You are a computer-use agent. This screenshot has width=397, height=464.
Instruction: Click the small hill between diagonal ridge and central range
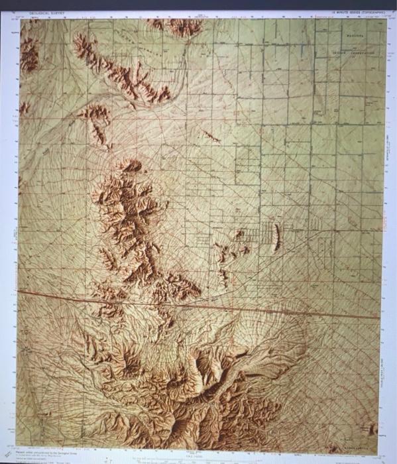tap(97, 123)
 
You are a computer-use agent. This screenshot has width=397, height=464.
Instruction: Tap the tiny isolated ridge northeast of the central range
tap(211, 136)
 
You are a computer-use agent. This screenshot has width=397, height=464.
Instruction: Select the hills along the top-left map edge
tap(28, 53)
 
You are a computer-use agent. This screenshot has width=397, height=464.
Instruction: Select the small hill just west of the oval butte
tap(239, 234)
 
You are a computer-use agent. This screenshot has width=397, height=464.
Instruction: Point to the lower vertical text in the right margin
tap(388, 378)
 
